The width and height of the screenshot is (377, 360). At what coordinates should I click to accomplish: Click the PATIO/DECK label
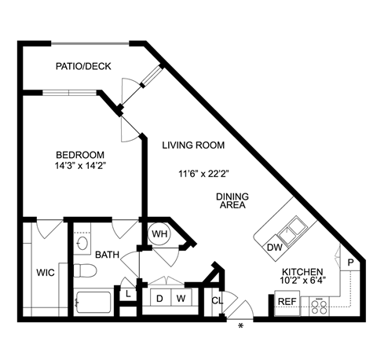coord(82,66)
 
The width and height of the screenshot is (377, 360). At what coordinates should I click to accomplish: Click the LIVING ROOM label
coord(194,145)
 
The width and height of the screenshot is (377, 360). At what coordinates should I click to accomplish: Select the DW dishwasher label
coord(274,248)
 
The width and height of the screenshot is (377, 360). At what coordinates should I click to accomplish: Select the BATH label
coord(106,255)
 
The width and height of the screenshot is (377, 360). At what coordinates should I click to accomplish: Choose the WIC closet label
coord(45,274)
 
